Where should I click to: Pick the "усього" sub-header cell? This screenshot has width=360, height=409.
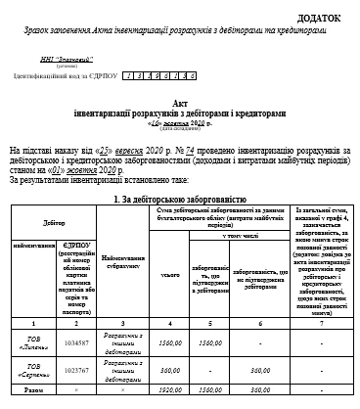170,275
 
